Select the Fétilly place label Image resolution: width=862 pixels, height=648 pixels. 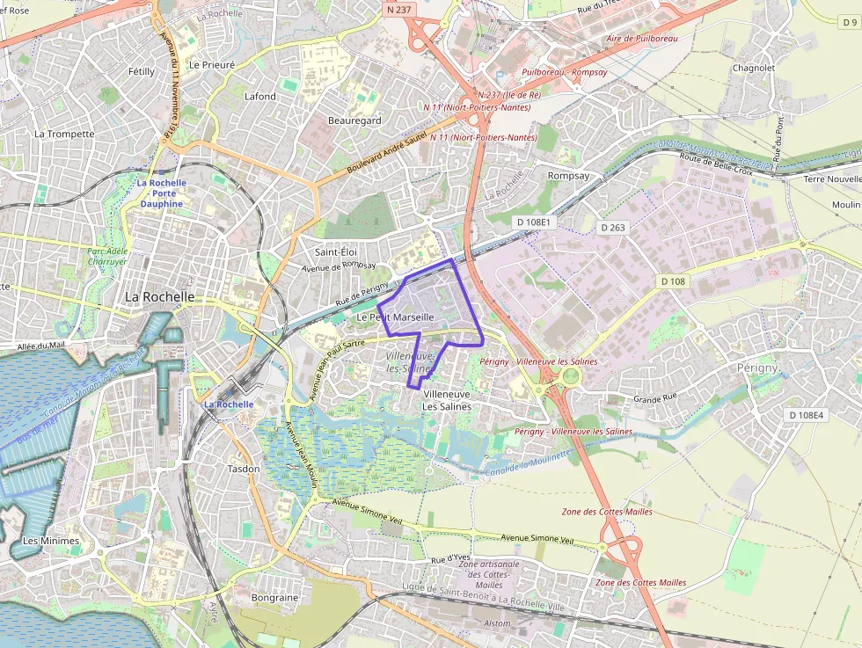coord(141,71)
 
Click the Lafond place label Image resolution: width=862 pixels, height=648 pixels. coord(259,97)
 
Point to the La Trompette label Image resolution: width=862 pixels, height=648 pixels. coord(64,135)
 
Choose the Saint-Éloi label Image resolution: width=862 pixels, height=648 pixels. coord(336,252)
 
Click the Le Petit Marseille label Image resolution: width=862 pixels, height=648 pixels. coord(395,317)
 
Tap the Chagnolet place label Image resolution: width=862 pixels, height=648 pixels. coord(754,68)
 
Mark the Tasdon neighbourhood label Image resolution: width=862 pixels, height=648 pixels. coord(244,469)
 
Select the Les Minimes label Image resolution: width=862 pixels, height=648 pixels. coord(51,541)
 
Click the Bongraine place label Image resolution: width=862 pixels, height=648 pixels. coord(274,598)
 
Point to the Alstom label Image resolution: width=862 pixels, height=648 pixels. coord(499,623)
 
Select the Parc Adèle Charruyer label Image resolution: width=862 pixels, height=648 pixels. coord(107,256)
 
